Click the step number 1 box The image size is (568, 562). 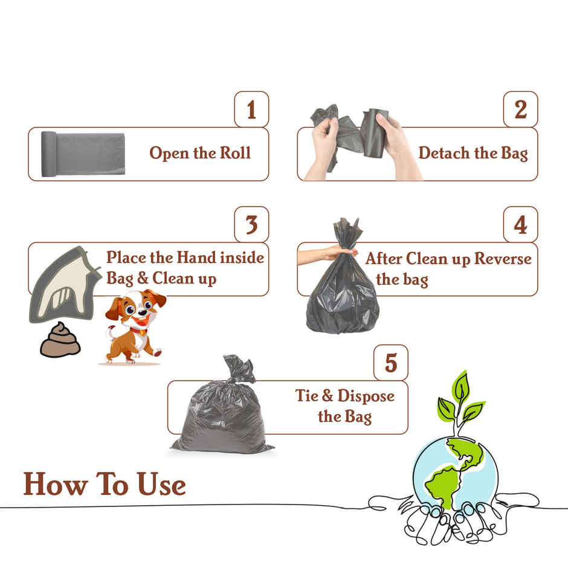pos(251,109)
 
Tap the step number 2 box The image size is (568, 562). pos(520,109)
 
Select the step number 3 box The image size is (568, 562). pos(251,225)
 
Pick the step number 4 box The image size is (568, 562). pos(520,225)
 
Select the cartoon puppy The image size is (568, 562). pos(133,326)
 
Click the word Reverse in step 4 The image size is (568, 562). pos(503,259)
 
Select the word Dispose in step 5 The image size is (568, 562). pos(366,396)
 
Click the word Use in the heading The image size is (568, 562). pos(161,485)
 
